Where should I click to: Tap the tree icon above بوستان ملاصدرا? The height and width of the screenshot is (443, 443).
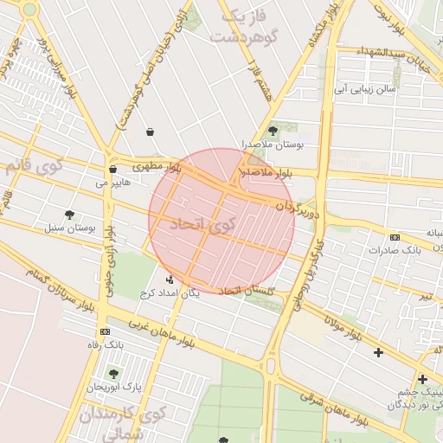273,131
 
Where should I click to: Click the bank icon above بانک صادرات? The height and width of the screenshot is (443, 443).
395,238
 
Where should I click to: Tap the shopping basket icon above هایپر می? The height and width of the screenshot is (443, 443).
113,170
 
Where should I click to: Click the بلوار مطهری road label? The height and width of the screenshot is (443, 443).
157,164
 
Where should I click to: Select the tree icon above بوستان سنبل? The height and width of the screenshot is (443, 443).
69,215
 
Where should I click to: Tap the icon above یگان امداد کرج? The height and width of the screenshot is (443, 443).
169,279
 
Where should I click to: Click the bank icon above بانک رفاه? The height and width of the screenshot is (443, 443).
105,331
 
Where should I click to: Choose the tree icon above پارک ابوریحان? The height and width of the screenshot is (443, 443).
112,373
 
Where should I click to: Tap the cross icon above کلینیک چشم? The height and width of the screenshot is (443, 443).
422,379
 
